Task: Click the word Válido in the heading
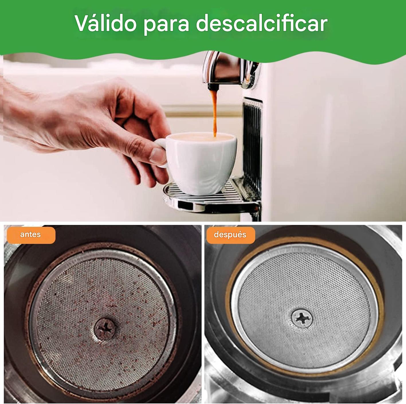pos(105,23)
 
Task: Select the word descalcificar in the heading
pos(262,23)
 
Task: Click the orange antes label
pos(31,235)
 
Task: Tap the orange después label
pos(230,235)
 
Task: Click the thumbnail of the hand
pos(158,156)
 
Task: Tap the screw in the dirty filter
pos(105,329)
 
